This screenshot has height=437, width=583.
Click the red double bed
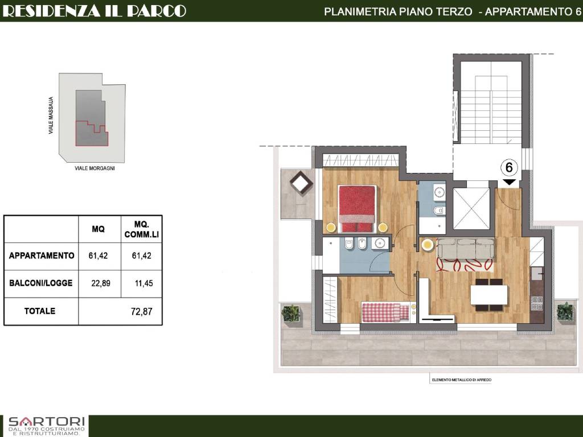(357, 209)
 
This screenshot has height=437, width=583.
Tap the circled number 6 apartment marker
(508, 168)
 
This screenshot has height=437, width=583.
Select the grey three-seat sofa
(466, 249)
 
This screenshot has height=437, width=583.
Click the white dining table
(488, 295)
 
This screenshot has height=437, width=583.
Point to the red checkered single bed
(386, 312)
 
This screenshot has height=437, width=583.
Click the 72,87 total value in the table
(142, 311)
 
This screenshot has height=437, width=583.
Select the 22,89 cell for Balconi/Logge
(101, 283)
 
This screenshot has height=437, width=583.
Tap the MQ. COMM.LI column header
(142, 229)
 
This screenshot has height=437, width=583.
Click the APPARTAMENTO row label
(42, 255)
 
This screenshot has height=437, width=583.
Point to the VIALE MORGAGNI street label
(95, 168)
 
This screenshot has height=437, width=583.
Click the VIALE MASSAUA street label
(51, 115)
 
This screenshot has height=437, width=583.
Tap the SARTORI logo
(47, 426)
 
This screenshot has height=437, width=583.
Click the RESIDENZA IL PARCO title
(95, 11)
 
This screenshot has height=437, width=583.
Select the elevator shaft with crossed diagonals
(471, 208)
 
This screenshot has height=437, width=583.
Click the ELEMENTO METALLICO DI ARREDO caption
(461, 380)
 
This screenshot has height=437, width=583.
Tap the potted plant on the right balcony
(565, 311)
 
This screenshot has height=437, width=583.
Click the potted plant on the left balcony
(290, 313)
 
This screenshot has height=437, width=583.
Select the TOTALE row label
(40, 311)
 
